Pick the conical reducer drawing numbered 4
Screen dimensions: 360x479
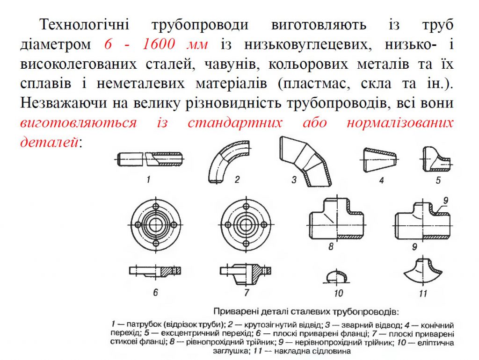point(380,159)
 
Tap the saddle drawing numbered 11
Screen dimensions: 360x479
point(423,271)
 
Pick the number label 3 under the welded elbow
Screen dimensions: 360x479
point(294,180)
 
